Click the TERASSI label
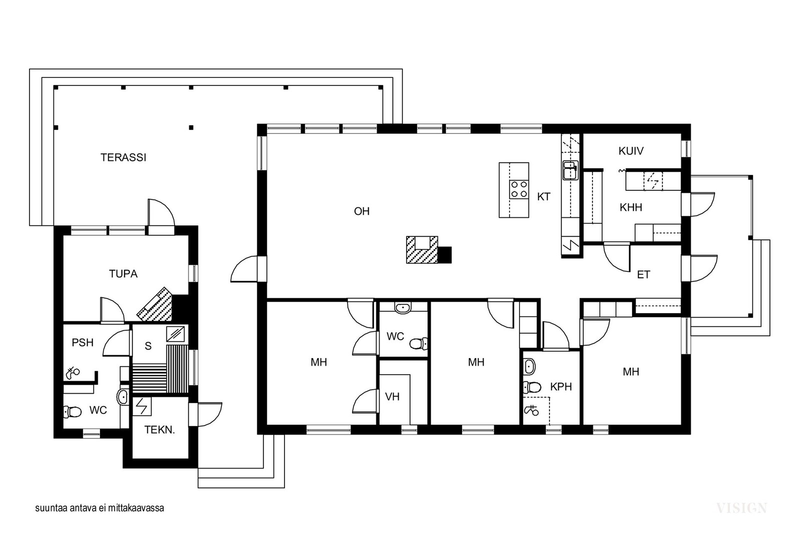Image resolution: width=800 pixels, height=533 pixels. click(x=123, y=157)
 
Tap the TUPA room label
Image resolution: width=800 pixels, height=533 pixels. click(x=123, y=274)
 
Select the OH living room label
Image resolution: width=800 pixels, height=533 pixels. click(x=361, y=211)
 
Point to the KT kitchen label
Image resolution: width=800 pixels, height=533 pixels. click(x=543, y=197)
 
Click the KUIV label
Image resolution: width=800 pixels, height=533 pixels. click(x=630, y=151)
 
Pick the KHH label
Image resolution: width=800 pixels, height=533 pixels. click(x=630, y=207)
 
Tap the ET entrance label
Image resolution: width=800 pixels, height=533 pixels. click(x=643, y=275)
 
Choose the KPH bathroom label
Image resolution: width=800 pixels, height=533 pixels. click(x=560, y=387)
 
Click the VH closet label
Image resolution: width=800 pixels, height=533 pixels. click(x=392, y=397)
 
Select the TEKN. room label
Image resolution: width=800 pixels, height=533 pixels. click(x=159, y=430)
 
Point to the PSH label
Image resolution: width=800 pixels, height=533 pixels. click(x=82, y=343)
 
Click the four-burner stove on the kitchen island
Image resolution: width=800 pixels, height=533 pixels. click(x=519, y=189)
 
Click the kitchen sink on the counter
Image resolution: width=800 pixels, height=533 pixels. click(x=570, y=170)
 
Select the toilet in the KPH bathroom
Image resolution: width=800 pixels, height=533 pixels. click(x=532, y=387)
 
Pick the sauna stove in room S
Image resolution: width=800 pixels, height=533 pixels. click(x=177, y=333)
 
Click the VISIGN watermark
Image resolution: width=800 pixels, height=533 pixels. click(x=741, y=509)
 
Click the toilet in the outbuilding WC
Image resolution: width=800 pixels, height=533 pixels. click(x=73, y=412)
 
